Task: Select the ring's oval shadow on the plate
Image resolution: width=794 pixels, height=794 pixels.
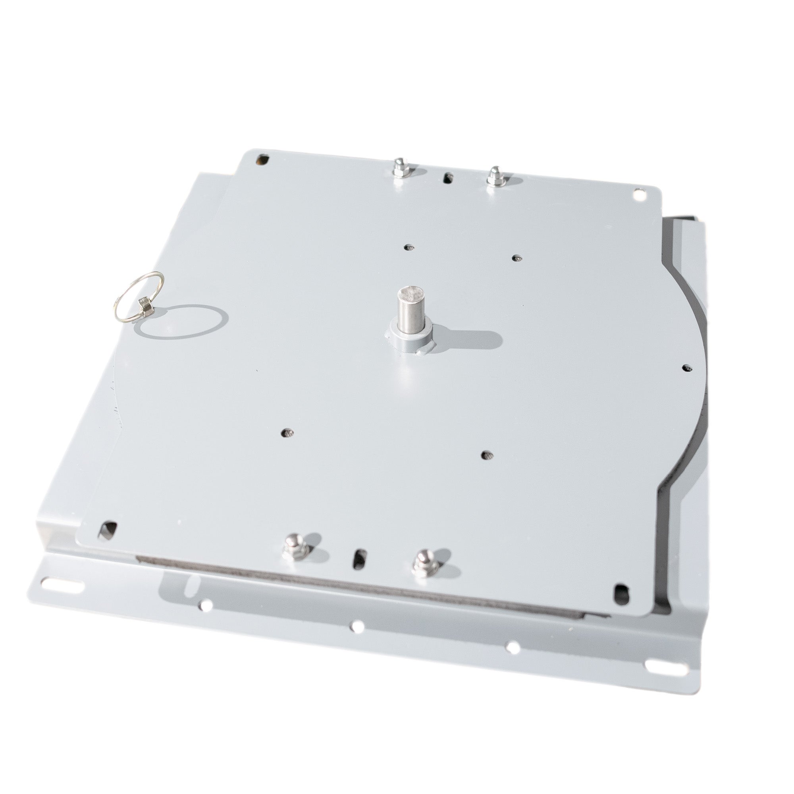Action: tap(182, 322)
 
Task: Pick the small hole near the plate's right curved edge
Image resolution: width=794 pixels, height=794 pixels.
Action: tap(686, 367)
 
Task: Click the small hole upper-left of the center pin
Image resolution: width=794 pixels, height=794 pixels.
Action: tap(408, 247)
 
